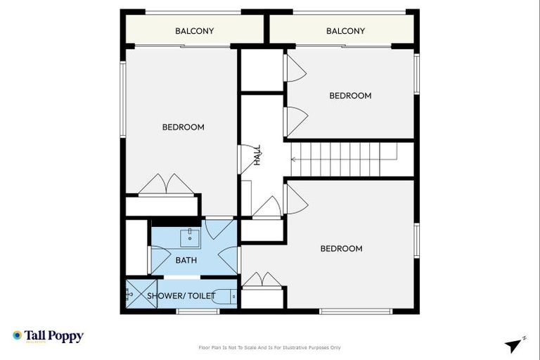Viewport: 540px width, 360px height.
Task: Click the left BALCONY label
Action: [194, 31]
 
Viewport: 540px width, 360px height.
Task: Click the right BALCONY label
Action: [345, 31]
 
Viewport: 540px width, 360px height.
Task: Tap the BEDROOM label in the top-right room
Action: [350, 96]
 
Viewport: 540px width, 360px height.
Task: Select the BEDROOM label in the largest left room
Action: [183, 127]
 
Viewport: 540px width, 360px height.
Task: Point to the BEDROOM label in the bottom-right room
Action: [341, 248]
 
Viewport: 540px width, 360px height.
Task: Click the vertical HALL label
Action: [257, 155]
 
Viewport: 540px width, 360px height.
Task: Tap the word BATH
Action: [186, 260]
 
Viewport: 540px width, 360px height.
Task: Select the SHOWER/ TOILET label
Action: [181, 296]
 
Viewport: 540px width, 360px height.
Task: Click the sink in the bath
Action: [189, 238]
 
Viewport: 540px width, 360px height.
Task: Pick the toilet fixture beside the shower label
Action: [226, 296]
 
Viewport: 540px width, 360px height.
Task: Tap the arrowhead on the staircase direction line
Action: [293, 160]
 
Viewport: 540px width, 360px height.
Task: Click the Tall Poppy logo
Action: [48, 336]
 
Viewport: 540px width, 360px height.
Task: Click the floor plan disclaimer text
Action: [270, 347]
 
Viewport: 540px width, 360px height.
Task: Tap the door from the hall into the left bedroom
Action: [247, 157]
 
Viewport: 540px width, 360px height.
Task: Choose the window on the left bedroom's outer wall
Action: [122, 99]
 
